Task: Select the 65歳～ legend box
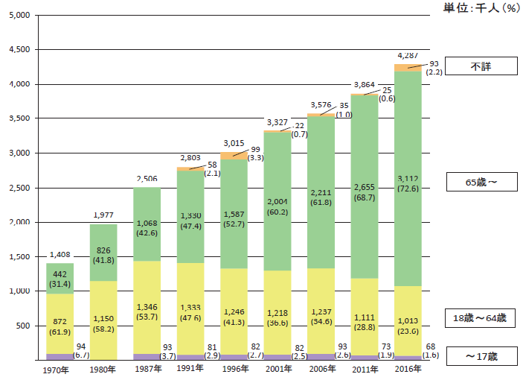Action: click(481, 181)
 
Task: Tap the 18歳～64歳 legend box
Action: click(481, 318)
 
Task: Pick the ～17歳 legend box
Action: click(481, 357)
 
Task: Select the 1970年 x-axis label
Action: click(57, 369)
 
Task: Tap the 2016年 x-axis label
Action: click(407, 369)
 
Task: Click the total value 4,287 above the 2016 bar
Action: click(408, 56)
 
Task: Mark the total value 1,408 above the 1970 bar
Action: click(59, 255)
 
